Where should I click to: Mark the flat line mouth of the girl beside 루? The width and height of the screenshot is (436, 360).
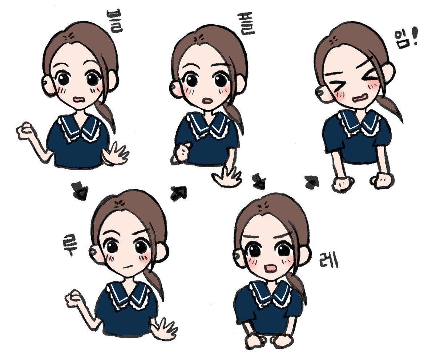tap(128, 267)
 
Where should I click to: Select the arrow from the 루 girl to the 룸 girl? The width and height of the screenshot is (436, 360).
tap(178, 193)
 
